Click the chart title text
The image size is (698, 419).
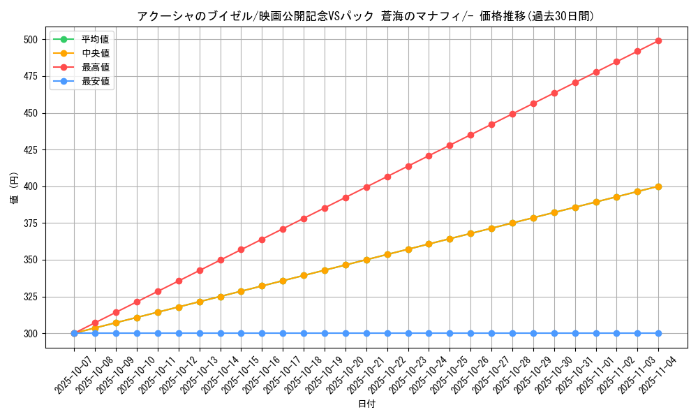tap(366, 16)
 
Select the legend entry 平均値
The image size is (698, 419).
tap(95, 39)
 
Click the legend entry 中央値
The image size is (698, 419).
tap(95, 53)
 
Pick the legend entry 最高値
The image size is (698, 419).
tap(95, 67)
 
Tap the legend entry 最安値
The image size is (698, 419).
tap(95, 81)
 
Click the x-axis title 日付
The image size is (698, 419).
tap(366, 404)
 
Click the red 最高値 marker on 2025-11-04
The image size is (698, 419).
tap(658, 41)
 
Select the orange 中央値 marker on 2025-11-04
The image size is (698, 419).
tap(658, 186)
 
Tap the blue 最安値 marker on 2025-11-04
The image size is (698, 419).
tap(658, 333)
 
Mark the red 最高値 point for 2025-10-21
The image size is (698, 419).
tap(366, 187)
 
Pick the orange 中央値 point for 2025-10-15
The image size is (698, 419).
tap(241, 291)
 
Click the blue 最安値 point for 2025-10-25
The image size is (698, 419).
tap(450, 333)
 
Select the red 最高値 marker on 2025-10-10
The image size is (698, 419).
tap(137, 302)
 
